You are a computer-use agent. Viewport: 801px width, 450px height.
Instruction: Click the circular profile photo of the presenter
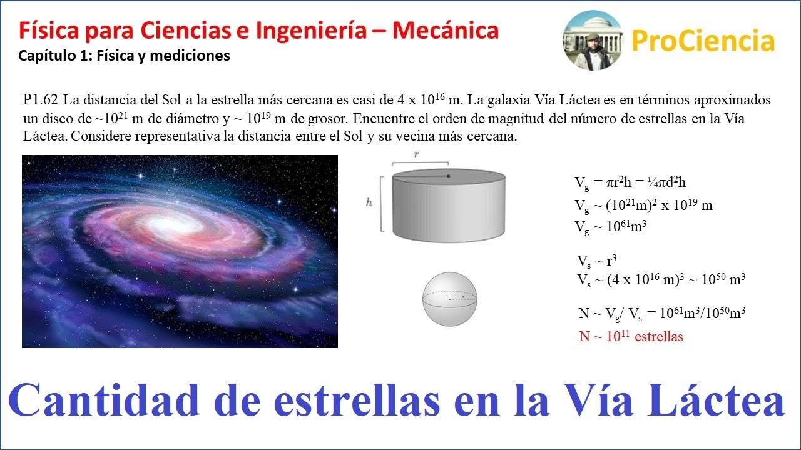coord(592,40)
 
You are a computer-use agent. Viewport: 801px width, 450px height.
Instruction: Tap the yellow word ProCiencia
coord(703,41)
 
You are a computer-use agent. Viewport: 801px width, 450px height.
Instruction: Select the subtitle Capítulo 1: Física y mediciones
coord(124,56)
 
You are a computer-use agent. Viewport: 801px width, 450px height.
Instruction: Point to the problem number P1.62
coord(41,100)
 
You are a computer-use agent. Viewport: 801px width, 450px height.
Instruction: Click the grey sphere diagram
coord(450,299)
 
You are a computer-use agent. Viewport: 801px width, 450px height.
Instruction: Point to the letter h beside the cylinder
coord(370,202)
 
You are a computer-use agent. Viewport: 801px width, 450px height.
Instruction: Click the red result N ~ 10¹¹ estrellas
coord(631,337)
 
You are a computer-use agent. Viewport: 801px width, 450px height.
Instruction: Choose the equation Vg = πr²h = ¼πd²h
coord(631,182)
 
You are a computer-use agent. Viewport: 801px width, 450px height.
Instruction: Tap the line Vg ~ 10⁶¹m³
coord(610,227)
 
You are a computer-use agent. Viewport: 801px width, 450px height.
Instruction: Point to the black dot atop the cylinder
coord(449,176)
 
